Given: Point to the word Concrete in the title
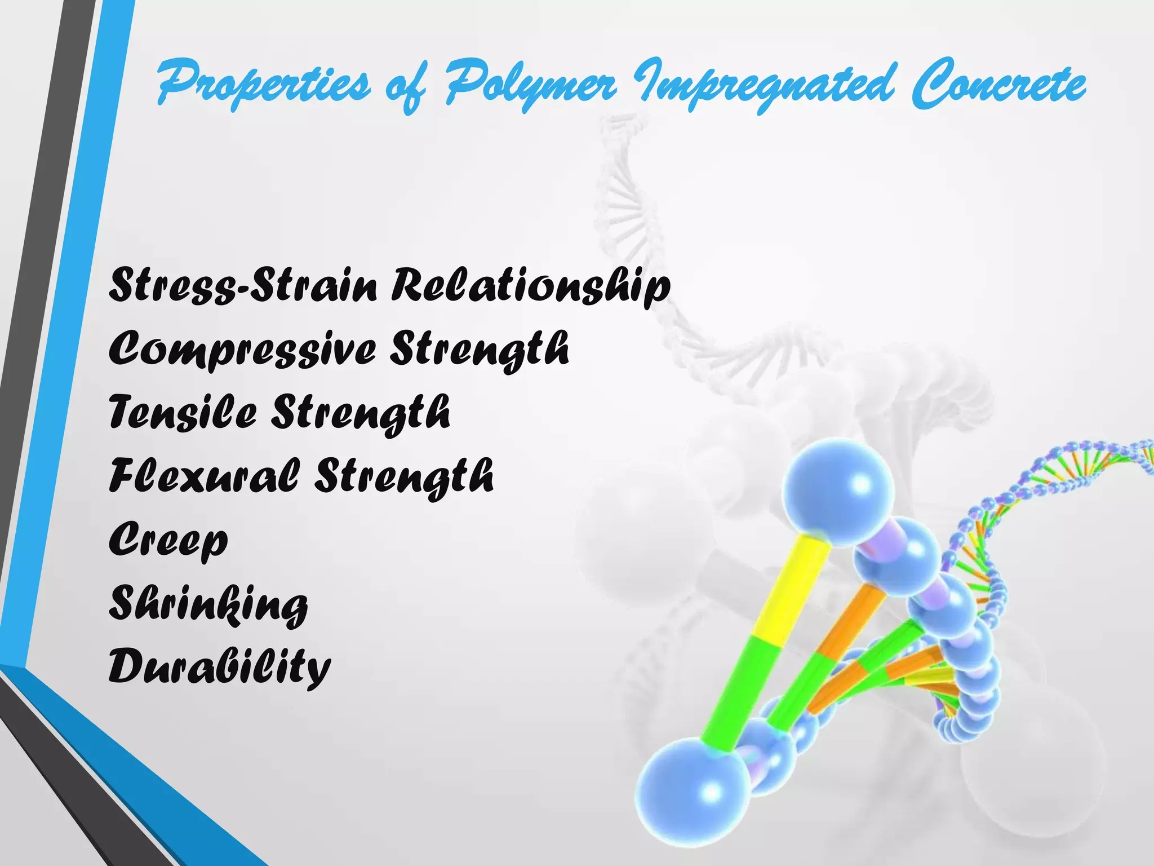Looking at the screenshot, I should point(999,86).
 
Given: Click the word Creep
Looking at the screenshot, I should point(168,540).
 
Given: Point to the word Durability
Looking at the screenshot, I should point(219,668).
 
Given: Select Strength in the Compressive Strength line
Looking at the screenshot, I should point(480,350).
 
